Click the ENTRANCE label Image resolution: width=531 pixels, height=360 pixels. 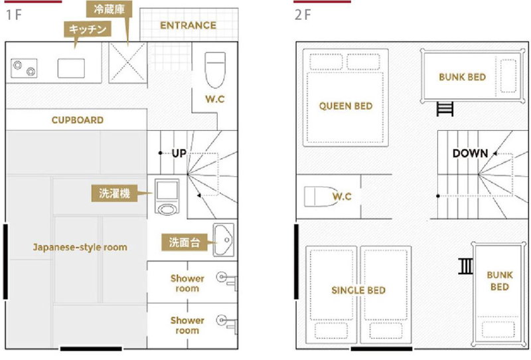(x=188, y=25)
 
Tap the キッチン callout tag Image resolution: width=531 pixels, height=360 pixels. (x=88, y=29)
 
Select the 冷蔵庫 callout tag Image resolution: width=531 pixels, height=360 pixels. (x=109, y=9)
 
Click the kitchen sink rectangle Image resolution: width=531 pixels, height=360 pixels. (x=71, y=68)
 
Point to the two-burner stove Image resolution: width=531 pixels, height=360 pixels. (x=24, y=68)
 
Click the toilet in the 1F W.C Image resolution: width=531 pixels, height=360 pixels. (x=215, y=70)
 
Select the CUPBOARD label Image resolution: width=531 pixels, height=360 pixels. (x=78, y=120)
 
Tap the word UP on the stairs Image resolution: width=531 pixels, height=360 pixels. (x=179, y=153)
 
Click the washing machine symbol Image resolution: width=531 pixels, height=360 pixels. (x=167, y=197)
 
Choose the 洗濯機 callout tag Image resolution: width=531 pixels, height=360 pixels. (x=114, y=193)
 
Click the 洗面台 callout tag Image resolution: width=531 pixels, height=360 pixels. (x=185, y=242)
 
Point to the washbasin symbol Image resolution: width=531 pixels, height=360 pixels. (x=224, y=240)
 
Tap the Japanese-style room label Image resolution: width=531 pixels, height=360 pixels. (x=80, y=247)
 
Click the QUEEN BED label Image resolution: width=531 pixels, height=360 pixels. (x=346, y=106)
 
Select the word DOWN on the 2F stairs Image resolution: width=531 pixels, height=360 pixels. (x=470, y=153)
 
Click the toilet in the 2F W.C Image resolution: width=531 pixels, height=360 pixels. (x=321, y=196)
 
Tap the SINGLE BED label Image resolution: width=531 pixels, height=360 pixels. (x=358, y=290)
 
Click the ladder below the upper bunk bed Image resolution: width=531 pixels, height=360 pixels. (x=445, y=108)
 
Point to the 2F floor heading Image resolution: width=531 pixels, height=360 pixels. (x=303, y=15)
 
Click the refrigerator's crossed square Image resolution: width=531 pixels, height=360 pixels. (x=128, y=62)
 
